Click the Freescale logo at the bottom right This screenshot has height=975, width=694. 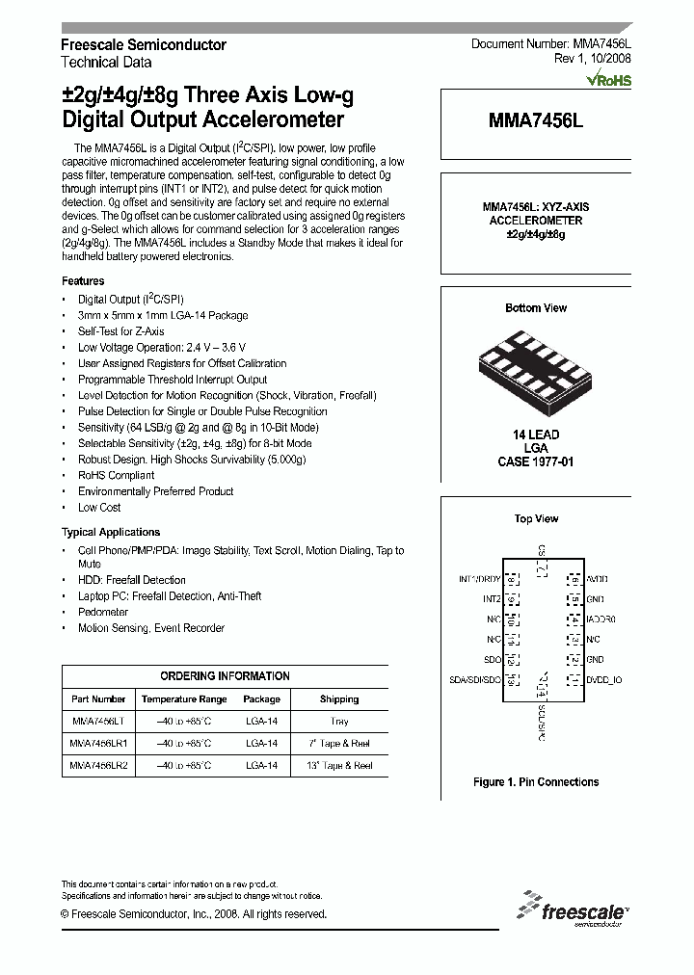click(x=573, y=909)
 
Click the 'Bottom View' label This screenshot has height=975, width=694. click(x=536, y=308)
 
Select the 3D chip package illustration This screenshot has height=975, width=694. click(x=536, y=369)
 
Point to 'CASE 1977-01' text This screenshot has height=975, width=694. click(x=536, y=462)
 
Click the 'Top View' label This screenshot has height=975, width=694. click(x=536, y=519)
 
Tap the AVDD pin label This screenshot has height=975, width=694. click(x=598, y=580)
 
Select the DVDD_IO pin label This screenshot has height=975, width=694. click(x=604, y=680)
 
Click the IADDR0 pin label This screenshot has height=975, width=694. click(x=601, y=619)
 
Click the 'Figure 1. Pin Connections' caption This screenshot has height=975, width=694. click(x=536, y=782)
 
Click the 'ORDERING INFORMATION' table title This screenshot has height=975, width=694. click(x=225, y=676)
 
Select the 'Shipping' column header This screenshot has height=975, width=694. click(x=339, y=699)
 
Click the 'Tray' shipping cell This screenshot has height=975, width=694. click(x=339, y=721)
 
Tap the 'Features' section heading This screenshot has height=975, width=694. click(x=83, y=281)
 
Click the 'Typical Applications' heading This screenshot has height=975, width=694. click(x=111, y=533)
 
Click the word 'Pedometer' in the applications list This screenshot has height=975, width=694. click(x=103, y=613)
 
